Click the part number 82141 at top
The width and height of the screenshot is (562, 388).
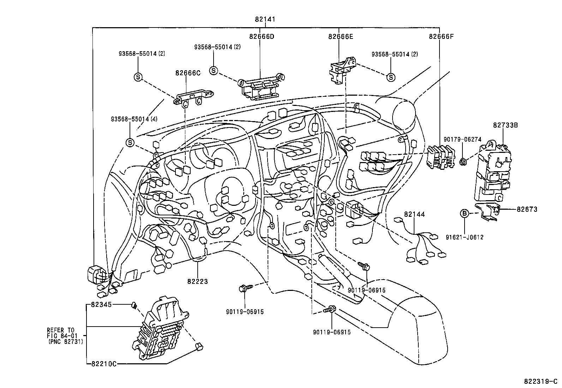tap(265, 20)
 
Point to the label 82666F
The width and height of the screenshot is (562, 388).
tap(441, 36)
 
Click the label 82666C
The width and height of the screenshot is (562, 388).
tap(187, 73)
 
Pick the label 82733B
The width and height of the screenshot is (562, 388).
tap(505, 125)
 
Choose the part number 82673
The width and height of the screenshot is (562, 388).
tap(527, 209)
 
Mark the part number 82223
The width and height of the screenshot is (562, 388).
tap(198, 281)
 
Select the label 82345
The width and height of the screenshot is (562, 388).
tap(101, 304)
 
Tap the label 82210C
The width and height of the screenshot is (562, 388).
tap(104, 363)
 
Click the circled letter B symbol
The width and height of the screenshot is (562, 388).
tap(465, 213)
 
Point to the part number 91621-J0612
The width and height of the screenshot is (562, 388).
tap(465, 237)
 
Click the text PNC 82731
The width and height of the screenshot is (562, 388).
tap(66, 341)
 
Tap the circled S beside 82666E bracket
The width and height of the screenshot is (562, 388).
tap(391, 77)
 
